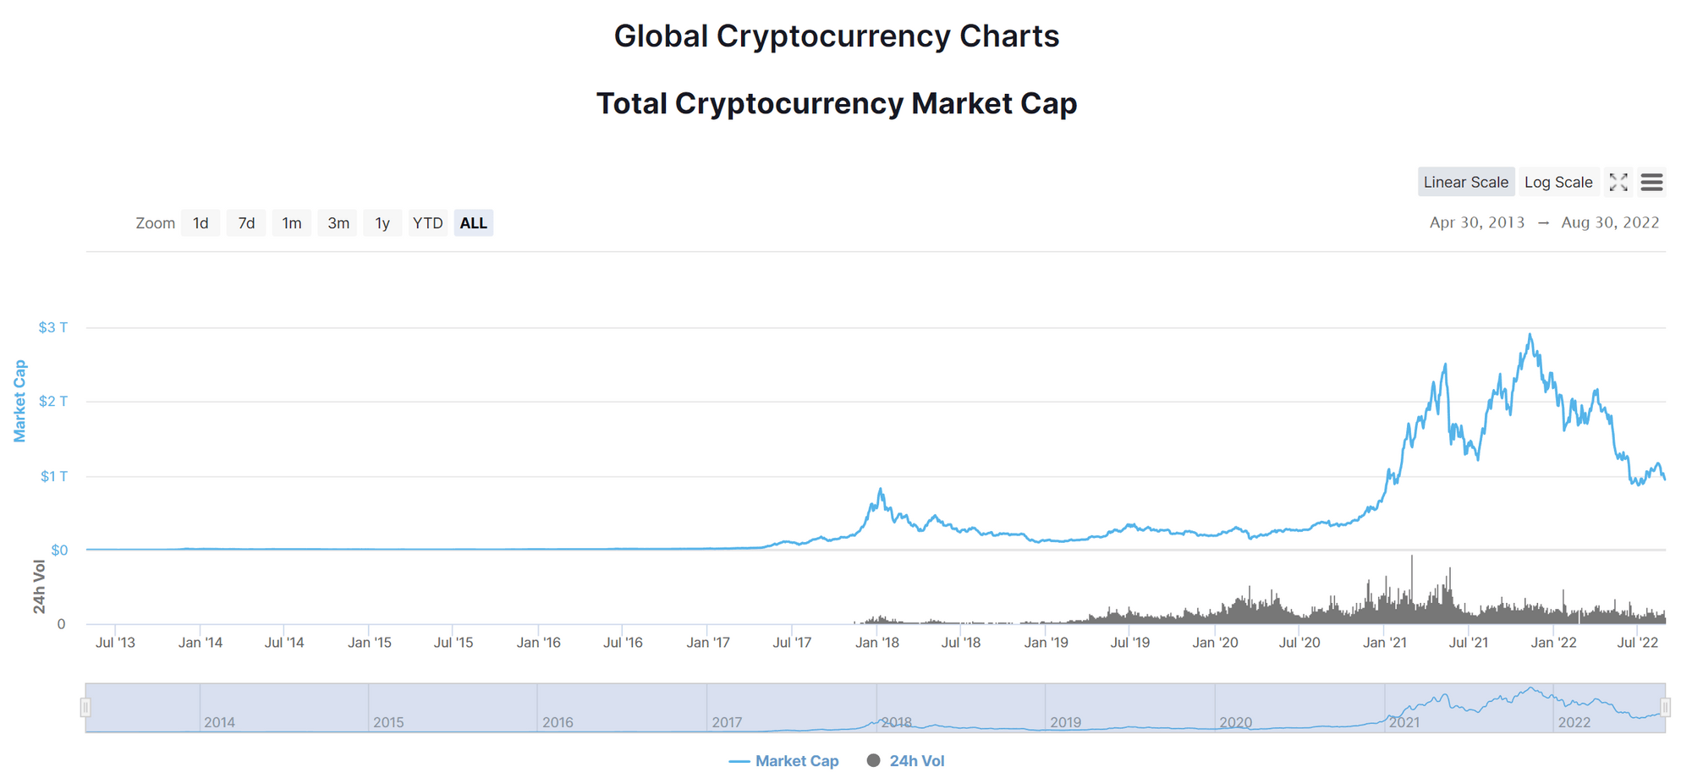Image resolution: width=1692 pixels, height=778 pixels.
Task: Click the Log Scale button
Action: click(x=1558, y=182)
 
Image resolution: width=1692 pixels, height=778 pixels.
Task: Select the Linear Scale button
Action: click(x=1465, y=182)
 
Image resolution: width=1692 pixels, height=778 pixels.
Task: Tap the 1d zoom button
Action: click(x=201, y=223)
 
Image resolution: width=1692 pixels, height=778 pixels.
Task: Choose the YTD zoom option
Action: click(x=427, y=223)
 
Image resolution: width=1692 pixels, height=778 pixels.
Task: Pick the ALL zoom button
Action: click(x=473, y=223)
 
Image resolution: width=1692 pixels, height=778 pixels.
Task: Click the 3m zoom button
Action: click(x=338, y=223)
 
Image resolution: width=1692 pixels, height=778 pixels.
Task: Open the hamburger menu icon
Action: click(x=1651, y=182)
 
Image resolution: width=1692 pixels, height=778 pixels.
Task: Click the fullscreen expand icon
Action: click(x=1618, y=182)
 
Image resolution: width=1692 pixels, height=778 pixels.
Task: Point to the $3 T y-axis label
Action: click(x=53, y=327)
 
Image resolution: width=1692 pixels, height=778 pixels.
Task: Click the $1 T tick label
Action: click(x=54, y=476)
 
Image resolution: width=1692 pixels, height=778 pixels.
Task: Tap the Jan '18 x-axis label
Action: click(x=877, y=643)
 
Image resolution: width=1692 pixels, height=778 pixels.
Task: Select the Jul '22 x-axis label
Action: click(x=1638, y=643)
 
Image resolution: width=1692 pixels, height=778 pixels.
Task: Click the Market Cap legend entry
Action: click(x=784, y=761)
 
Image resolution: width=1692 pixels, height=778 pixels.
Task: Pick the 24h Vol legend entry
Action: click(x=906, y=761)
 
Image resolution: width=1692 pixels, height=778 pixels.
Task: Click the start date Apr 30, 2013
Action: click(x=1477, y=222)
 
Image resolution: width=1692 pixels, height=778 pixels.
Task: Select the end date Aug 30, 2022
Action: click(x=1610, y=222)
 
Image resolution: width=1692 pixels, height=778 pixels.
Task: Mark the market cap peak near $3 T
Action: click(x=1530, y=335)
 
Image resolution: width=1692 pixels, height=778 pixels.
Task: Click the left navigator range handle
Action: click(x=85, y=707)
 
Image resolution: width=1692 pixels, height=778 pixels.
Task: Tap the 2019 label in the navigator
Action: click(x=1066, y=722)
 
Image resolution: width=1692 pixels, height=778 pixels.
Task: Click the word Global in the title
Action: click(x=661, y=36)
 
